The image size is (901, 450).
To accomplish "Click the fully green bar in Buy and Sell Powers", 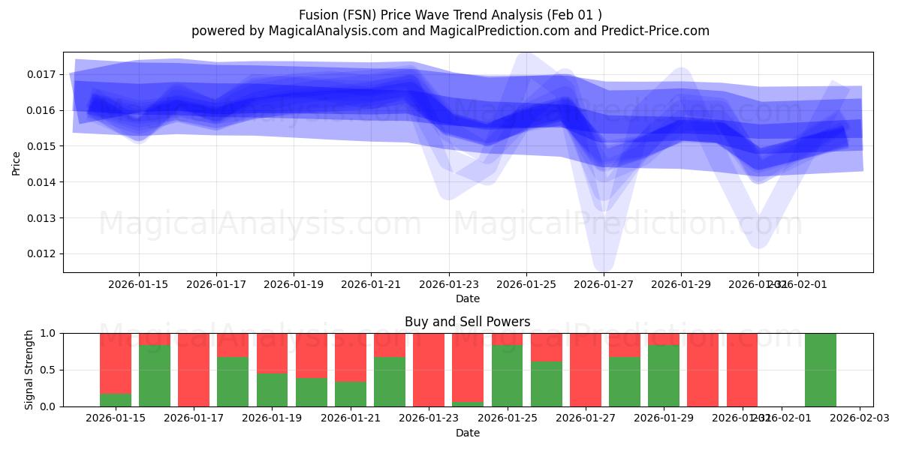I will coord(820,369).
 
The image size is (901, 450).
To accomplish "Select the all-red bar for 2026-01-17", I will coord(194,369).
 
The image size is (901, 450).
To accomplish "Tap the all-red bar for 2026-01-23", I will coord(429,369).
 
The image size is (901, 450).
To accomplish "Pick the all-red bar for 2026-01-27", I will coord(586,369).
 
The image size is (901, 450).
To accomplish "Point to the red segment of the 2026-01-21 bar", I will coord(351,357).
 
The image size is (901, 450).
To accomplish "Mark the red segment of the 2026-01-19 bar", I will coord(272,352).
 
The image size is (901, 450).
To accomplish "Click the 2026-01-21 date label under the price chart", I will coord(371,284).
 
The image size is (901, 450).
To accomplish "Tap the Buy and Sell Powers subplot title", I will coord(467,322).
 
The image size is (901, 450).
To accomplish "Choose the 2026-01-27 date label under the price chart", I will coord(604,284).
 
